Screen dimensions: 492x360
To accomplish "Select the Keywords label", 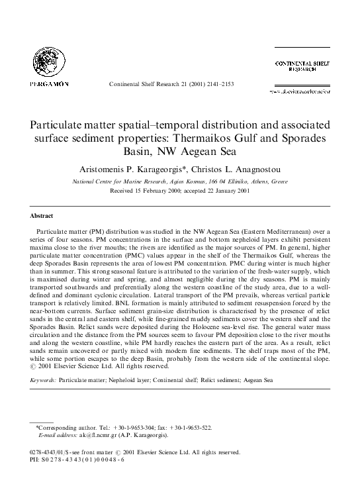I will point(44,382).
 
